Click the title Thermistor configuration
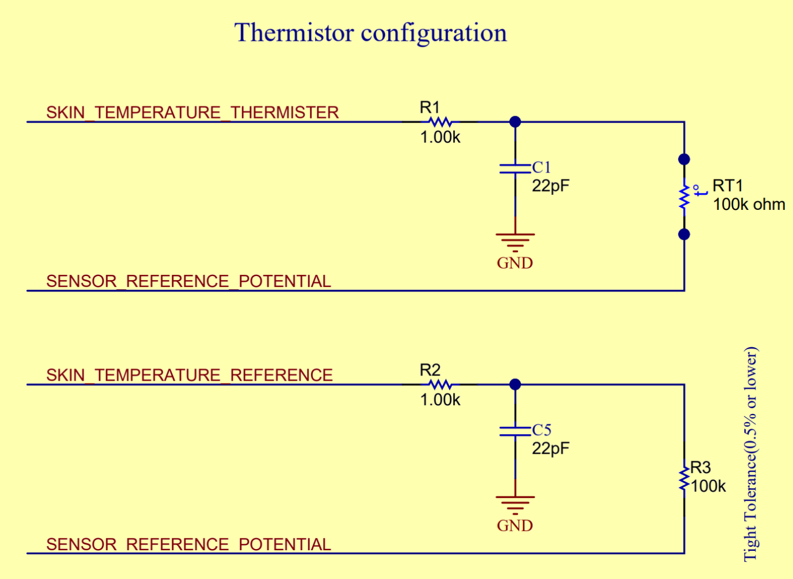coord(370,33)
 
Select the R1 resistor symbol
coord(440,122)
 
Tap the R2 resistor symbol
coord(440,385)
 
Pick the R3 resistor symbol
coord(684,479)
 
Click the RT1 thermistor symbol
coord(684,197)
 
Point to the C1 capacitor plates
coord(515,168)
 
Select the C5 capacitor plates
coord(515,431)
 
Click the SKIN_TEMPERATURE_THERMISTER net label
coord(192,112)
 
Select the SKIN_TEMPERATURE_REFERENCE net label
coord(189,375)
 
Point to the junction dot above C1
coord(515,122)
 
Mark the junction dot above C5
coord(515,385)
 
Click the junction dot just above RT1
coord(684,159)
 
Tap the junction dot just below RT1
coord(684,235)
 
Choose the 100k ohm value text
coord(749,205)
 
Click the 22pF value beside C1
coord(550,186)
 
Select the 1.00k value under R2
coord(440,400)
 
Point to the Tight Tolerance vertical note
coord(750,454)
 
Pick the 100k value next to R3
coord(708,486)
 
